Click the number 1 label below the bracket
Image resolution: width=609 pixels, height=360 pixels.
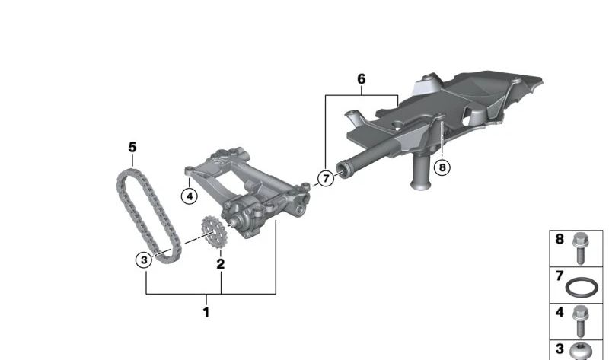tap(206, 311)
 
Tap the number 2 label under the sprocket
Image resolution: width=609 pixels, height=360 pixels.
tap(221, 265)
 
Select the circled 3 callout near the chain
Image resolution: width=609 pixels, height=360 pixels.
tap(144, 260)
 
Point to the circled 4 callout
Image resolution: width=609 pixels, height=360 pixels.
tap(189, 196)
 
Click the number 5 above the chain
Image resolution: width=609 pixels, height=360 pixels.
tap(132, 147)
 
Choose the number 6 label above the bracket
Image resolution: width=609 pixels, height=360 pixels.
tap(362, 79)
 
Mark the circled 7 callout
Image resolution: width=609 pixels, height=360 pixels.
tap(326, 179)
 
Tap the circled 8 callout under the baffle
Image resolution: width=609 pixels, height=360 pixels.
tap(442, 166)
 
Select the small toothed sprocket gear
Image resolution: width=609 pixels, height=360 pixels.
tap(213, 233)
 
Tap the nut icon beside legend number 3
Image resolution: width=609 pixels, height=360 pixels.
tap(582, 351)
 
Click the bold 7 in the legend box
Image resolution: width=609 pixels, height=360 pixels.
tap(560, 275)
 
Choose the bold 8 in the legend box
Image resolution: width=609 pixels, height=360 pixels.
tap(560, 239)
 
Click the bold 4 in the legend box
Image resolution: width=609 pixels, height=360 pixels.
tap(560, 311)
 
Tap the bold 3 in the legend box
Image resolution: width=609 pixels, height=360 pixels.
tap(560, 349)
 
